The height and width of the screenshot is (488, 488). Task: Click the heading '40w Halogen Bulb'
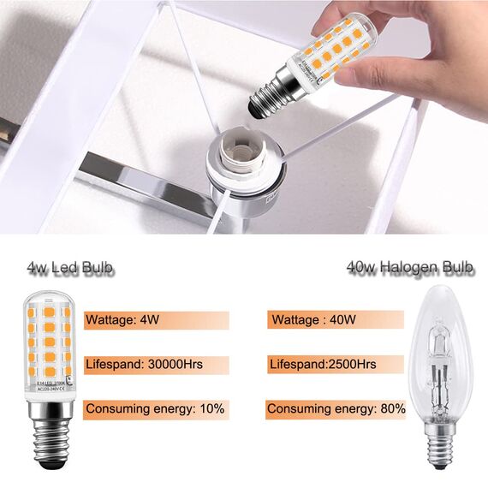(410, 268)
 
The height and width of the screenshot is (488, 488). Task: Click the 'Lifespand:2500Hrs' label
(322, 365)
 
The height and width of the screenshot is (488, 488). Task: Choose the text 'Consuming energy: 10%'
(155, 409)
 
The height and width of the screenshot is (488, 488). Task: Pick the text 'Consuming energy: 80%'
(336, 409)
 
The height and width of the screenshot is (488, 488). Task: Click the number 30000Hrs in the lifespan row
(177, 365)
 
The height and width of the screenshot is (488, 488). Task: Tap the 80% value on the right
(394, 409)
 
